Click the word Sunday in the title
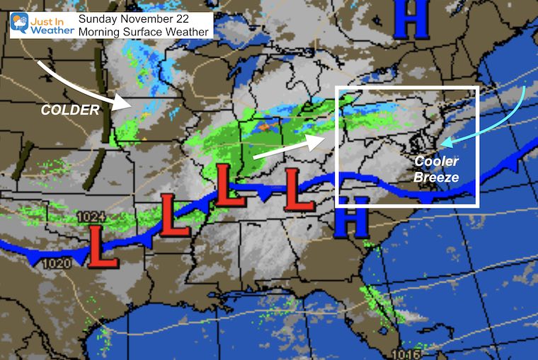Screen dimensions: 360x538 tap(99, 19)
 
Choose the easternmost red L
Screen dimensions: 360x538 tap(299, 190)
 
